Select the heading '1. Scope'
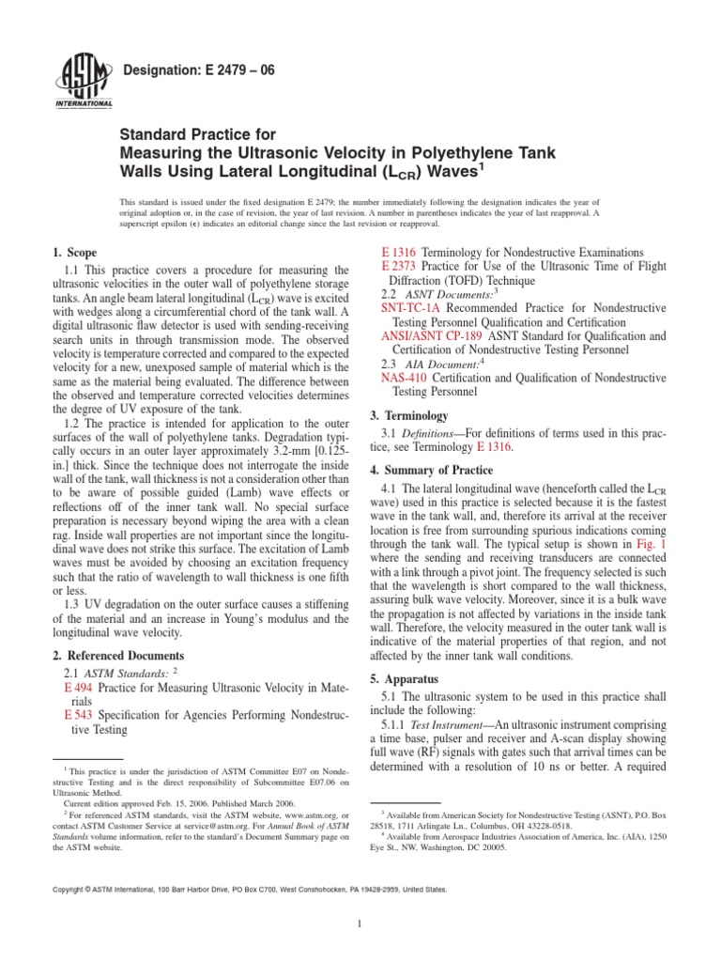pos(75,252)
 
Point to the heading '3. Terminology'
pos(413,415)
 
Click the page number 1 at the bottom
pos(360,923)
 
